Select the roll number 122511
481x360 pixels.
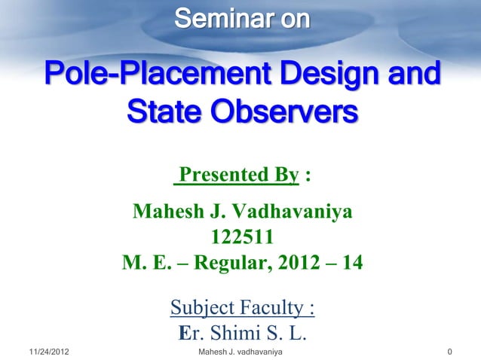pyautogui.click(x=242, y=238)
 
